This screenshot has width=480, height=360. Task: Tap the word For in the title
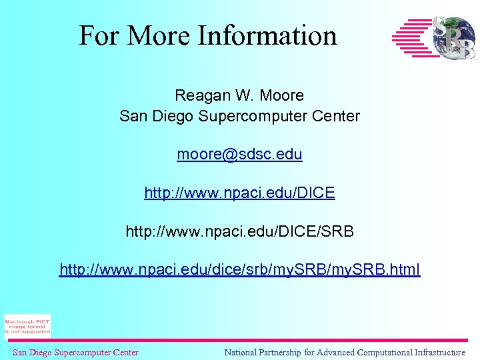click(99, 35)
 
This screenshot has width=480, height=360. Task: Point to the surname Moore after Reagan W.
click(283, 95)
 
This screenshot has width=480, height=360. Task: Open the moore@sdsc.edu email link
click(239, 155)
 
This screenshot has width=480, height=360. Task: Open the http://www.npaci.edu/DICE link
click(239, 193)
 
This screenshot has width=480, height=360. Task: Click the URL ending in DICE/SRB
click(239, 232)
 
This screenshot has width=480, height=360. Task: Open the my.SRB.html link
click(239, 271)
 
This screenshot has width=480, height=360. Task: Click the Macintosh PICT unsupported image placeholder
click(27, 326)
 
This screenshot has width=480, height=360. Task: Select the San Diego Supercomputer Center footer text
click(75, 353)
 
